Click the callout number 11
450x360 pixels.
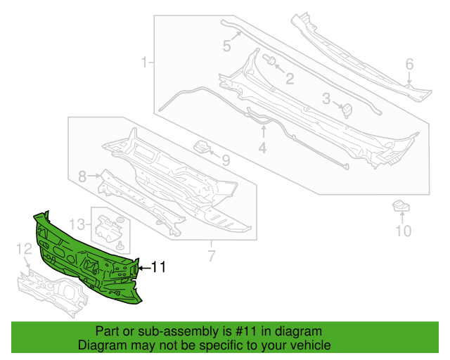[x=158, y=267]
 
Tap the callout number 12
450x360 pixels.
[x=24, y=249]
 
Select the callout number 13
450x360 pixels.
[x=77, y=224]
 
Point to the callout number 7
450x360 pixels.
[x=212, y=256]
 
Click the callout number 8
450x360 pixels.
[x=82, y=176]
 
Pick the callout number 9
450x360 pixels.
[x=226, y=160]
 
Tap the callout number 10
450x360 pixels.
[x=404, y=231]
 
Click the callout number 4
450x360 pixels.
[x=262, y=148]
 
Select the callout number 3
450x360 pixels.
[x=326, y=98]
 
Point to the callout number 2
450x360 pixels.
[x=290, y=79]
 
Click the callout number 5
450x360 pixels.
[x=226, y=46]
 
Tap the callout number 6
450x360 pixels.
[x=409, y=64]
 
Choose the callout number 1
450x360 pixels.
[x=145, y=62]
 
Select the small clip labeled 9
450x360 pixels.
[x=202, y=147]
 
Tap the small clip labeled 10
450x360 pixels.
[x=401, y=206]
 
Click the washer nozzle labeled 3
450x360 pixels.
[x=347, y=110]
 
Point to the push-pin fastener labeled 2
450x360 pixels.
[x=269, y=60]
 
